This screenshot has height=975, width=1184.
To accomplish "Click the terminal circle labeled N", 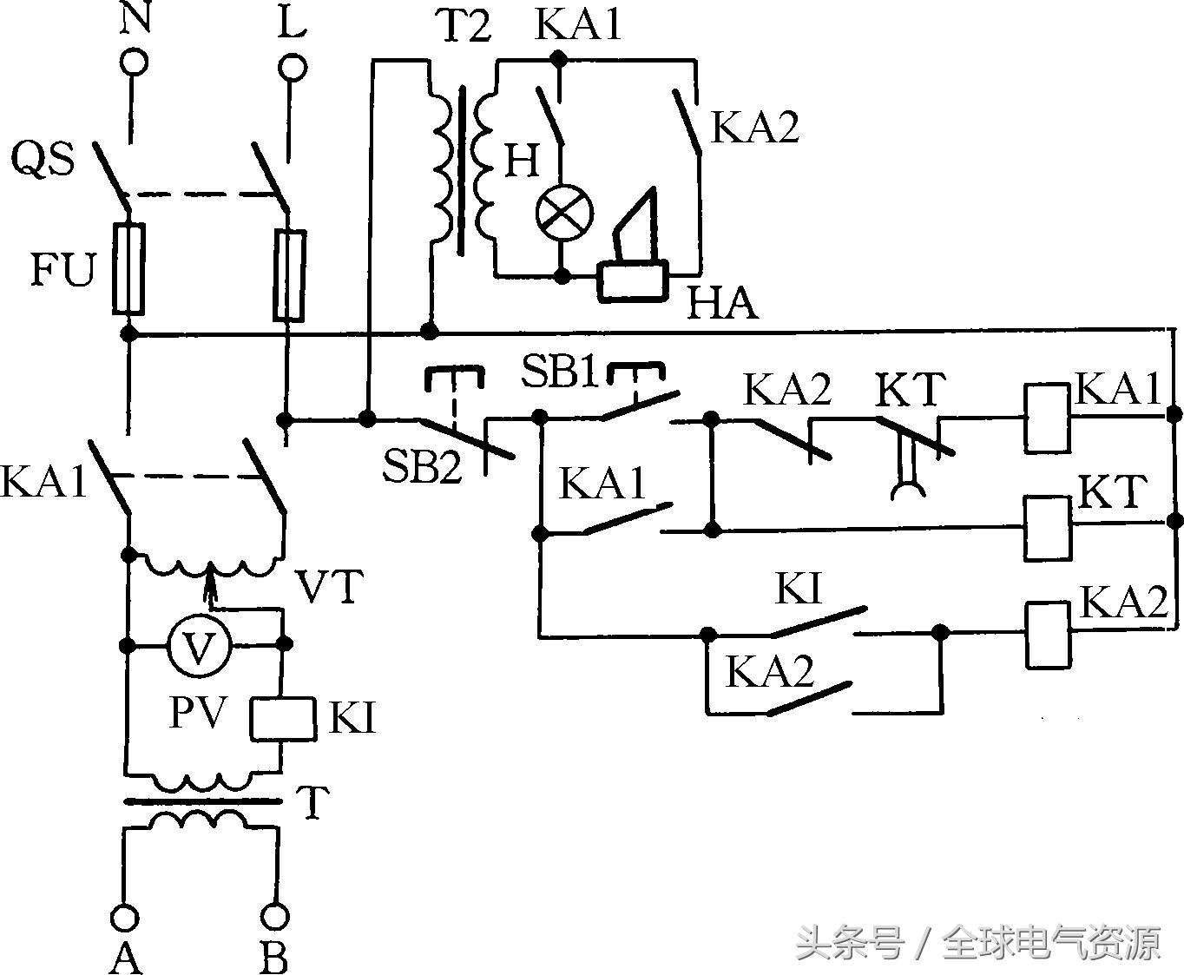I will pyautogui.click(x=133, y=63).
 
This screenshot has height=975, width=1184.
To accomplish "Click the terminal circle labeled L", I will pyautogui.click(x=292, y=67).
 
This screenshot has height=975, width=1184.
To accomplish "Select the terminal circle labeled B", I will pyautogui.click(x=276, y=917).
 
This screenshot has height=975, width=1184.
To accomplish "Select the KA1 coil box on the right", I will pyautogui.click(x=1047, y=418).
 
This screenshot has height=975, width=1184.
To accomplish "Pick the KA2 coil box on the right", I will pyautogui.click(x=1048, y=635).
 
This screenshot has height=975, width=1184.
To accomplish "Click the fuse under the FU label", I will pyautogui.click(x=128, y=268).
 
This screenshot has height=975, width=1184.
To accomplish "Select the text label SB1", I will pyautogui.click(x=560, y=372).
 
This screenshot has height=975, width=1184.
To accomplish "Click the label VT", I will pyautogui.click(x=329, y=587).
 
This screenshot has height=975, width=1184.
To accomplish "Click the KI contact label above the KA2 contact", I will pyautogui.click(x=797, y=590).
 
